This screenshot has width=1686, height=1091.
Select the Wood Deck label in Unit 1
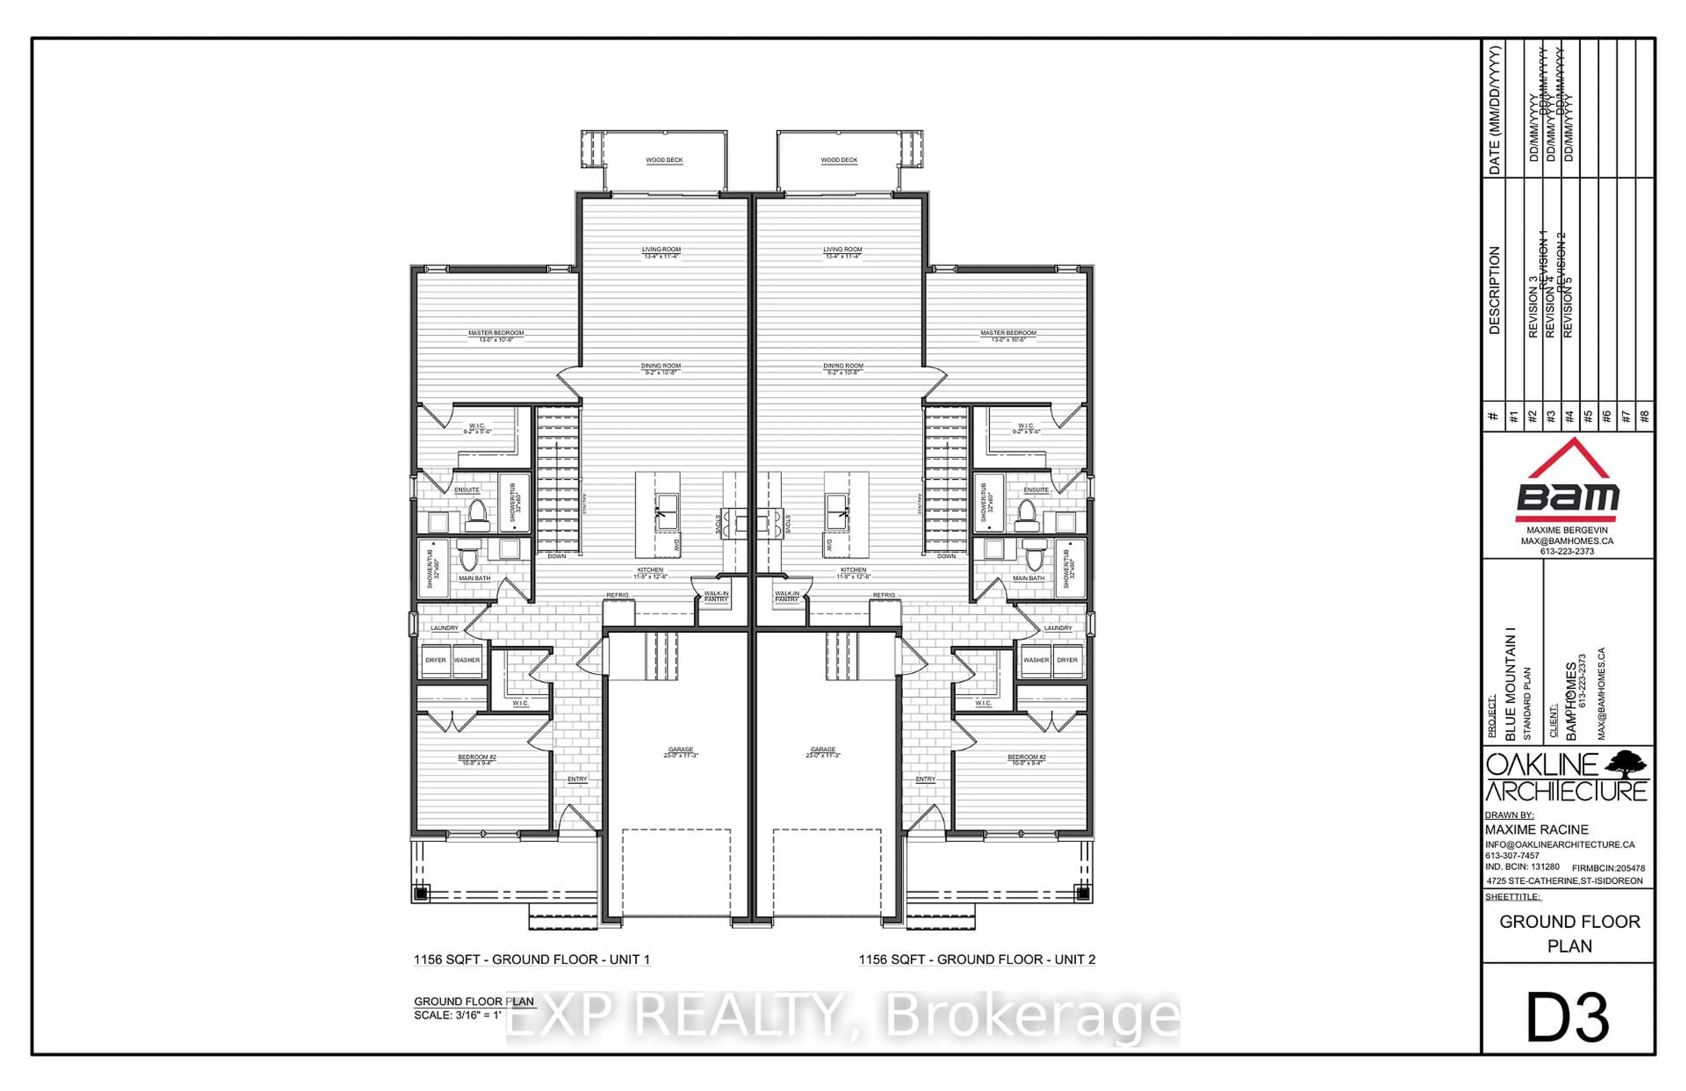664,160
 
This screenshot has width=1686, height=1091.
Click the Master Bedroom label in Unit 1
496,334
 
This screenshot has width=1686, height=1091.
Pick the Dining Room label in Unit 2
843,367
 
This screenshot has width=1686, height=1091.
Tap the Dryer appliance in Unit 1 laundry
436,660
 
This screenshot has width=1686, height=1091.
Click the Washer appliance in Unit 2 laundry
1035,660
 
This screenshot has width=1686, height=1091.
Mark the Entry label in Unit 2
925,779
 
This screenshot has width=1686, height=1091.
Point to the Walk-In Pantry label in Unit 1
716,596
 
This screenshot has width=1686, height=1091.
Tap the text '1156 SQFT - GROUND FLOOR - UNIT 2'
976,960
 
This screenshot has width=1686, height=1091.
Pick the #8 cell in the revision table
1644,416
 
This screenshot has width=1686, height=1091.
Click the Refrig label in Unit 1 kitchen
617,596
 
